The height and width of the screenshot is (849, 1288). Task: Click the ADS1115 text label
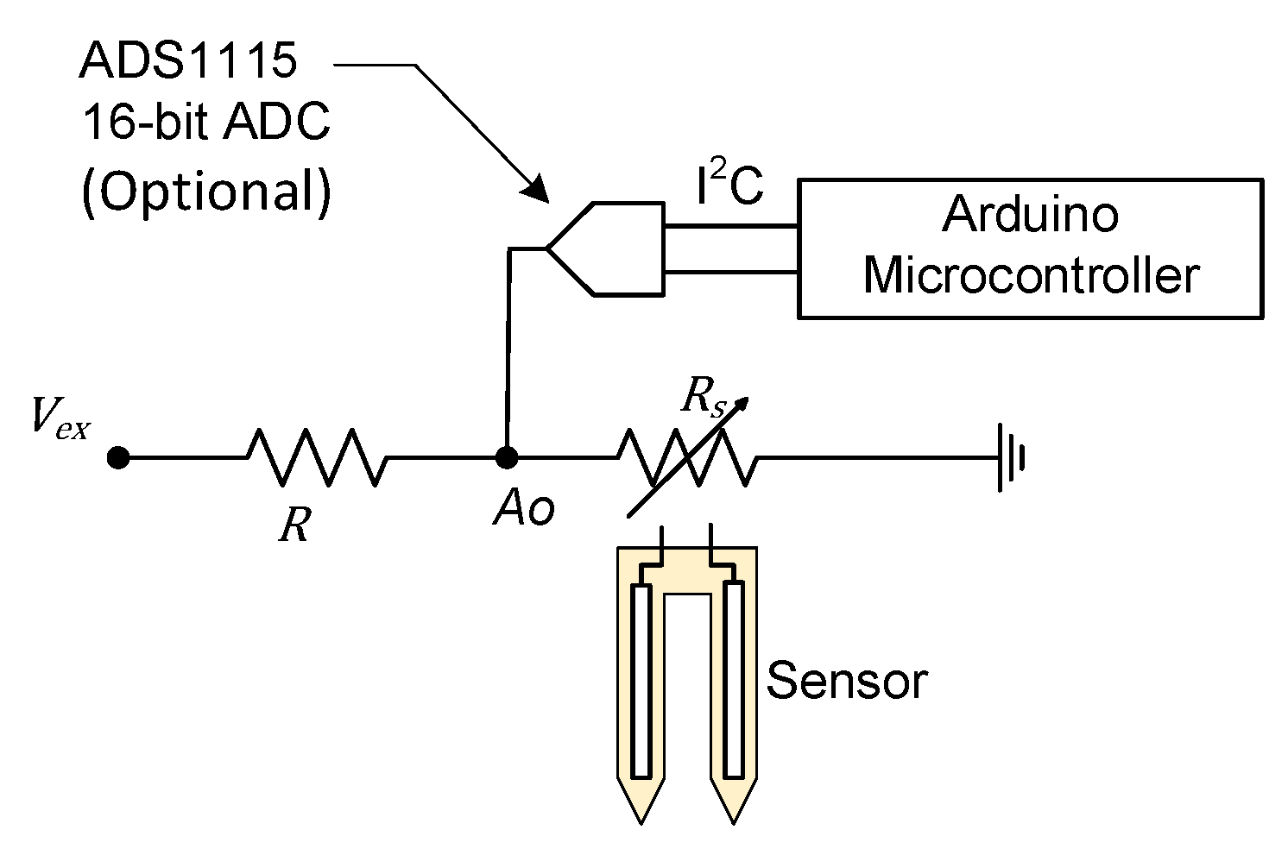tap(188, 61)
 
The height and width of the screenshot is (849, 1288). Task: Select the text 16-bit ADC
tap(205, 123)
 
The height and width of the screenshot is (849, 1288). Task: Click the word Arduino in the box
tap(1030, 214)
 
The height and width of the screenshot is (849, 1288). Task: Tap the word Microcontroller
tap(1031, 276)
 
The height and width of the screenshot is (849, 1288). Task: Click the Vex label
tap(59, 418)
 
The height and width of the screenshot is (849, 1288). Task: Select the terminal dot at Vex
tap(118, 457)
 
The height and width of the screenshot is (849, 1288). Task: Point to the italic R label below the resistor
tap(294, 524)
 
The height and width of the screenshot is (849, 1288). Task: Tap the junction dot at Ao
tap(507, 456)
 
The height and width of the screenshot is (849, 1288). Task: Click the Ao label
tap(523, 510)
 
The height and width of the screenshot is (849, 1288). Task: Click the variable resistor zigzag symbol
tap(687, 457)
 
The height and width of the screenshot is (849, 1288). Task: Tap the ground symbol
tap(1010, 457)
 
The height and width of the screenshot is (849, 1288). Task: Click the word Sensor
tap(846, 681)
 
